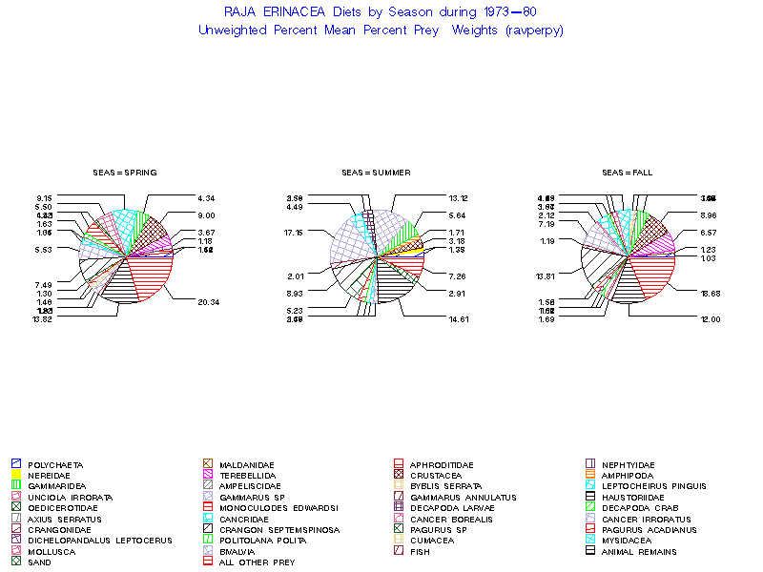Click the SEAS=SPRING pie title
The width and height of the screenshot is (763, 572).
125,173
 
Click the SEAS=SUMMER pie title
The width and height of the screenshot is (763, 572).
376,173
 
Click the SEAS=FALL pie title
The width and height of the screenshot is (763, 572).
626,173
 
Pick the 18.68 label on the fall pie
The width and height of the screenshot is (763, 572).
709,294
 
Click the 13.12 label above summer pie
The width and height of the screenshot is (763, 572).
459,198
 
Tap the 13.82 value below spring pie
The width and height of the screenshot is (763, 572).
43,319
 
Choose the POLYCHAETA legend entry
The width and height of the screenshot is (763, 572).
55,464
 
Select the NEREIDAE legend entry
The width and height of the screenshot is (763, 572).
51,475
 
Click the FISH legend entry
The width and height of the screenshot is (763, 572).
419,551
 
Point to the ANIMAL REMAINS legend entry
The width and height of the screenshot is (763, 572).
639,551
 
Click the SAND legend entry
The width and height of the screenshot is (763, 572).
39,562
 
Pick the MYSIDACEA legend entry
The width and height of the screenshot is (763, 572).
626,541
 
